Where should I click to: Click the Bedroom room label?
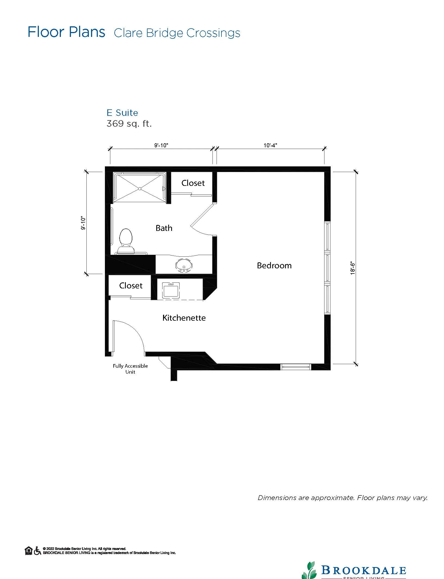click(274, 265)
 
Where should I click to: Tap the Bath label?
click(164, 228)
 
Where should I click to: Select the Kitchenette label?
click(184, 318)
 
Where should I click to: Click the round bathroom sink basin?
click(184, 265)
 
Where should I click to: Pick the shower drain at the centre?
click(139, 189)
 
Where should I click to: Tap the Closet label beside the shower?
click(193, 183)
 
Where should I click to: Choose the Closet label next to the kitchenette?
click(131, 285)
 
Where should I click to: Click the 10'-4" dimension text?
click(270, 145)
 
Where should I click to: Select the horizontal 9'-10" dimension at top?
click(161, 145)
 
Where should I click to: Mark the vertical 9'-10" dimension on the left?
click(83, 223)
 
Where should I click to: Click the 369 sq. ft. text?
click(129, 124)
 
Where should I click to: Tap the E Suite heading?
click(122, 113)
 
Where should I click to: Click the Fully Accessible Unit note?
click(130, 369)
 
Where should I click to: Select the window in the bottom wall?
click(296, 367)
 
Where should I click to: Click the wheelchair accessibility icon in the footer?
click(37, 551)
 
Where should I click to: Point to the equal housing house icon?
click(29, 551)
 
